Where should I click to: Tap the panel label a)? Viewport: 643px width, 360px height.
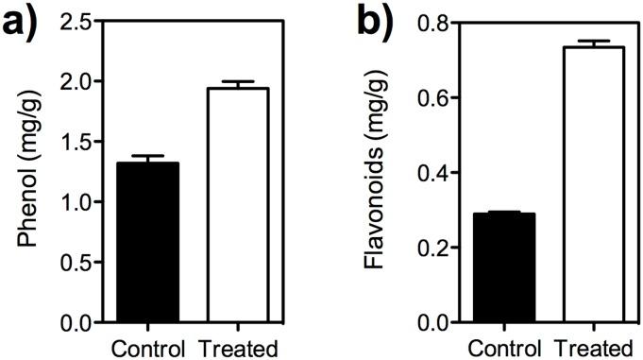tap(23, 21)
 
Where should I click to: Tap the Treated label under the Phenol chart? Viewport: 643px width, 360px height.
tap(236, 346)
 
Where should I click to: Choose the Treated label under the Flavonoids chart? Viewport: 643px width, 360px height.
tap(592, 346)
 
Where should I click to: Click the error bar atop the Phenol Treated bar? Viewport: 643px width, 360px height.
tap(236, 83)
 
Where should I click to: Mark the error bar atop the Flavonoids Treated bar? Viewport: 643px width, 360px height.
tap(592, 43)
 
